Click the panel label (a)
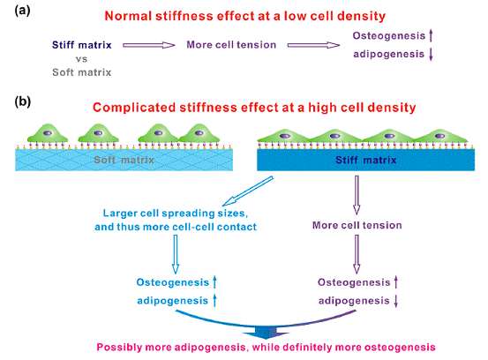pyautogui.click(x=22, y=11)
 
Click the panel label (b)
pyautogui.click(x=23, y=101)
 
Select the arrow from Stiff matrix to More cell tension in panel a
pyautogui.click(x=149, y=45)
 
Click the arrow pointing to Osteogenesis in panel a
pyautogui.click(x=313, y=45)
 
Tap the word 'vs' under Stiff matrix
pyautogui.click(x=81, y=59)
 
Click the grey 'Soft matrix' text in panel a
pyautogui.click(x=81, y=72)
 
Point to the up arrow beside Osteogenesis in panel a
pyautogui.click(x=431, y=35)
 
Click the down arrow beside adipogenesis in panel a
pyautogui.click(x=431, y=55)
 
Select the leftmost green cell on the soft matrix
pyautogui.click(x=48, y=134)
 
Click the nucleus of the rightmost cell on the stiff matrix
pyautogui.click(x=439, y=136)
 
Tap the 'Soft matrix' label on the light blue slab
pyautogui.click(x=124, y=160)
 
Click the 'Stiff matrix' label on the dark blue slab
pyautogui.click(x=365, y=160)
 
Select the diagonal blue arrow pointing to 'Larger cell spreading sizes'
pyautogui.click(x=248, y=191)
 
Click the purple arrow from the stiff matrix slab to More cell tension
pyautogui.click(x=357, y=195)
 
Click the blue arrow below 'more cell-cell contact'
pyautogui.click(x=176, y=254)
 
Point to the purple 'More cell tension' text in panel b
pyautogui.click(x=357, y=225)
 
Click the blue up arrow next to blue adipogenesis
pyautogui.click(x=214, y=300)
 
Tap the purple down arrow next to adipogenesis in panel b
pyautogui.click(x=396, y=301)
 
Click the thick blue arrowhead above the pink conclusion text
pyautogui.click(x=266, y=333)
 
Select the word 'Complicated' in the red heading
pyautogui.click(x=134, y=108)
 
